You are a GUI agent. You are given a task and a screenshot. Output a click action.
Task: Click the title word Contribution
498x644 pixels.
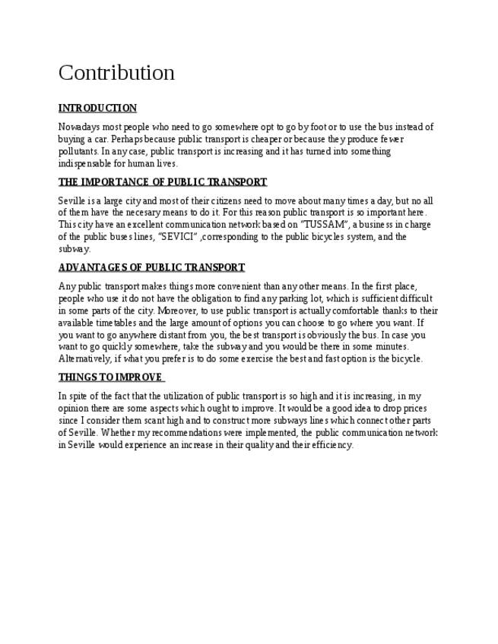(x=116, y=73)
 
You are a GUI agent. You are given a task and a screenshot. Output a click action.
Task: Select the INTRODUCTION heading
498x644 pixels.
(x=97, y=108)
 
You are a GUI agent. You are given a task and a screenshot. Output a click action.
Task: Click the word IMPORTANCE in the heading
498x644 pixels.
(x=116, y=182)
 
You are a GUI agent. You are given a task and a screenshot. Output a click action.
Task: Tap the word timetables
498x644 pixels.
(x=117, y=323)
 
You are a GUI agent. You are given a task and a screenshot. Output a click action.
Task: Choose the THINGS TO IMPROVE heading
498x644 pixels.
(x=111, y=377)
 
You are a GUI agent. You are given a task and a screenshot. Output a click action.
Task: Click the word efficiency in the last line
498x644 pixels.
(x=331, y=445)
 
